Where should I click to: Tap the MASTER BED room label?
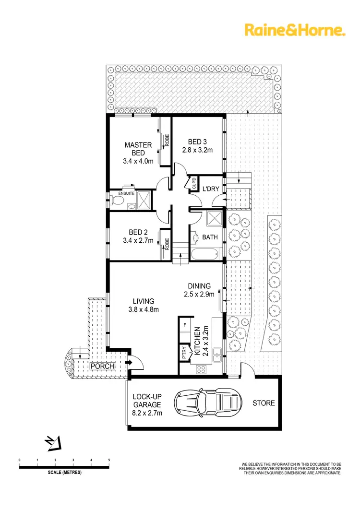[138, 149]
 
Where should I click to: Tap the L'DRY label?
[210, 189]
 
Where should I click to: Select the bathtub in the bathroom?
[204, 253]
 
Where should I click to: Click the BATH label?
[210, 237]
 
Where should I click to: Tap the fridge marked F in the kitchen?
[185, 325]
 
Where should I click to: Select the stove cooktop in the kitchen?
[202, 369]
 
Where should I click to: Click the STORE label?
[264, 403]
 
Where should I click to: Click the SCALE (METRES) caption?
[65, 472]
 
